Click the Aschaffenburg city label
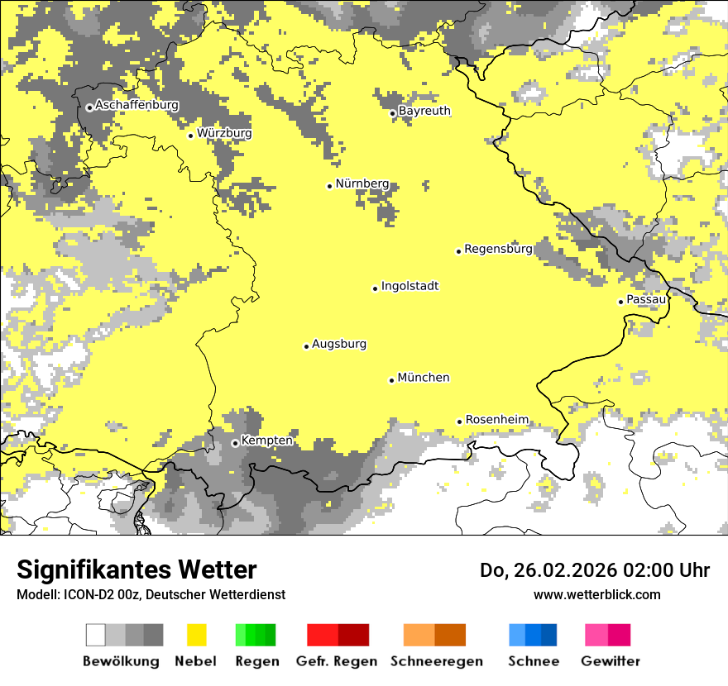[136, 105]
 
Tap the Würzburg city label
[224, 133]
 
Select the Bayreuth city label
[424, 111]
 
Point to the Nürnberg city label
[362, 183]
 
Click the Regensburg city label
[498, 249]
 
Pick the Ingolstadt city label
[409, 287]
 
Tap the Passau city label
[646, 299]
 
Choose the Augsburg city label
[338, 345]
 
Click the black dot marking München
[392, 380]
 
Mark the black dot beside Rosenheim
[460, 422]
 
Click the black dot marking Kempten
[236, 443]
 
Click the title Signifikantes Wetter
[136, 570]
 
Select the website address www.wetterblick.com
[596, 594]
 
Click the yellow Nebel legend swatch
[197, 635]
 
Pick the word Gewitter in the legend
[611, 661]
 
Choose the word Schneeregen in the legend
[436, 661]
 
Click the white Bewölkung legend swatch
[96, 635]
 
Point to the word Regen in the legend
[256, 661]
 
